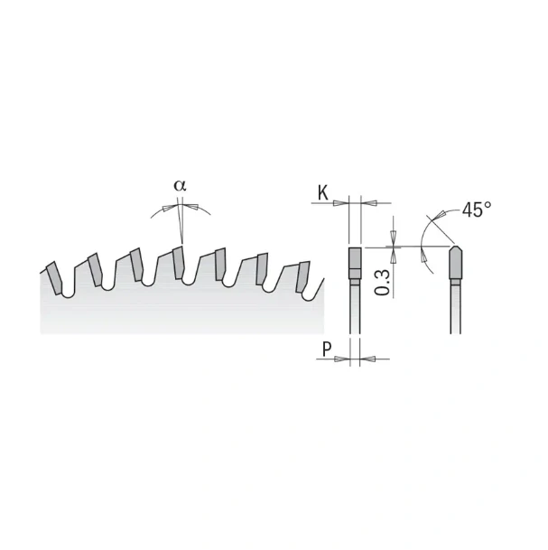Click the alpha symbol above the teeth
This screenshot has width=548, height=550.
coord(181,185)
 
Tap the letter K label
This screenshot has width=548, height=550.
coord(322,191)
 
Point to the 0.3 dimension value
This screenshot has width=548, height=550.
coord(383,282)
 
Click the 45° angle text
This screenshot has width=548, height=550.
coord(476,209)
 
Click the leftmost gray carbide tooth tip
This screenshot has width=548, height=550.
coord(56,276)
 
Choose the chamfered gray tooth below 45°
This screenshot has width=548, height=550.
coord(456,265)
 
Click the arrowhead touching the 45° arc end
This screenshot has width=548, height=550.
coord(444,215)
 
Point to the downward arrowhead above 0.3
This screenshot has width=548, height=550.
coord(395,240)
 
